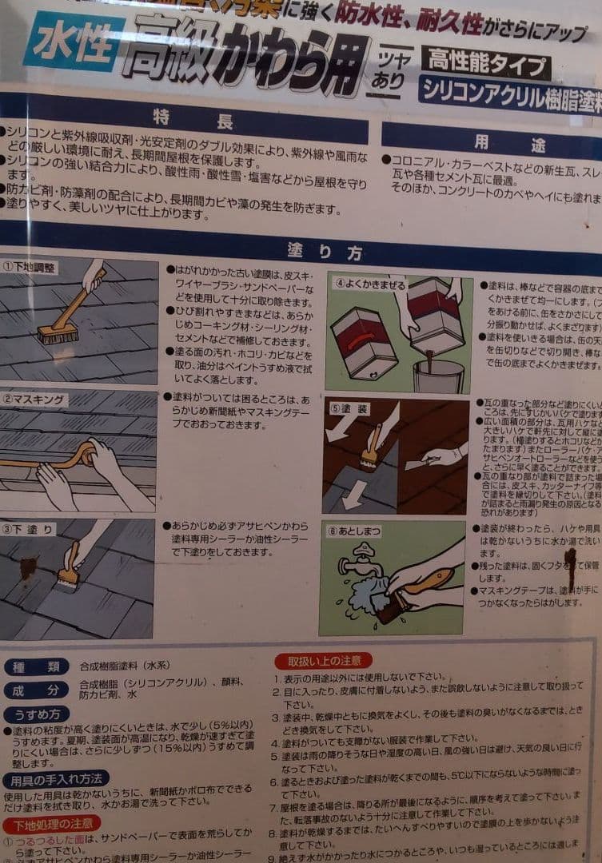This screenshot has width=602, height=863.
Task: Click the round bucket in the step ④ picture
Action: click(438, 375)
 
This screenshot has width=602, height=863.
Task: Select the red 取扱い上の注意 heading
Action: click(323, 661)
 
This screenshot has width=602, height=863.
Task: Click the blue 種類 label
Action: click(35, 666)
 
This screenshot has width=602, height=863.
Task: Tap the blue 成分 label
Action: click(35, 690)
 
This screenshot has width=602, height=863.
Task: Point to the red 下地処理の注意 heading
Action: click(51, 824)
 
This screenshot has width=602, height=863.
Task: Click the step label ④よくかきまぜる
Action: click(369, 282)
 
